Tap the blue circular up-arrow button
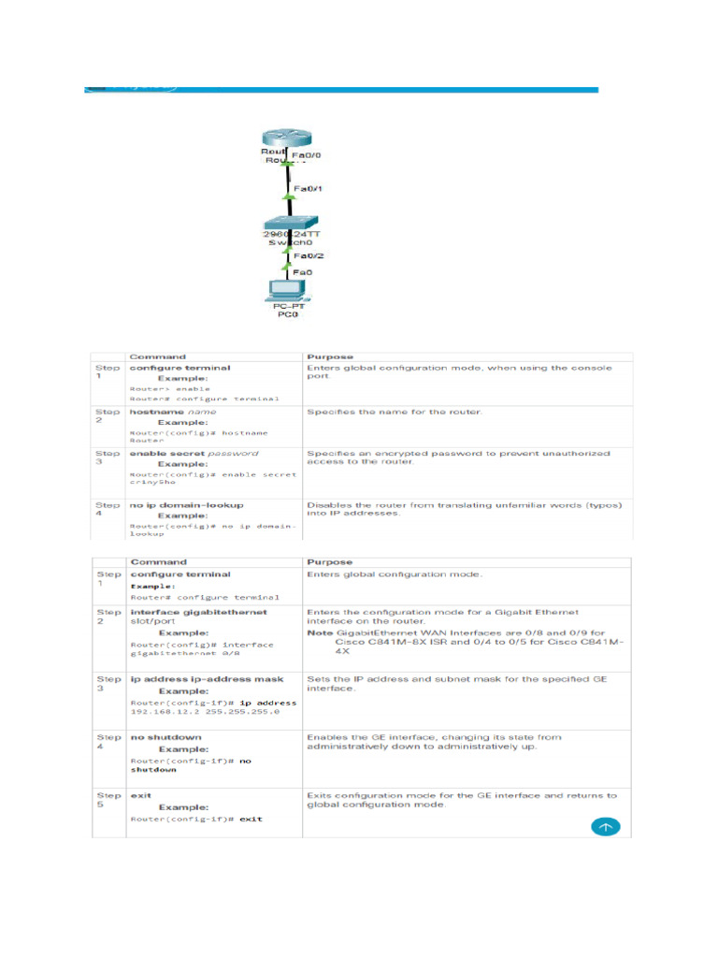click(x=604, y=827)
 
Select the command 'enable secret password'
click(x=194, y=453)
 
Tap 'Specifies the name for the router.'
click(x=394, y=411)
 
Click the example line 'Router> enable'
click(x=170, y=388)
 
